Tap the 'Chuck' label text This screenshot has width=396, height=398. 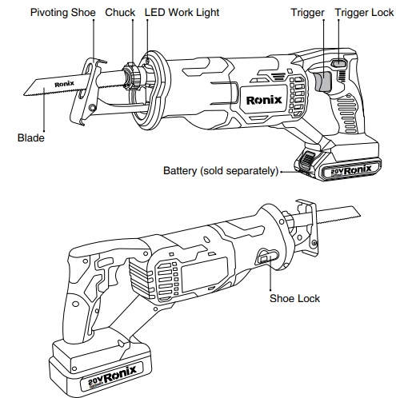(120, 14)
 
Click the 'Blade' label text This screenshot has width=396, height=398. (30, 138)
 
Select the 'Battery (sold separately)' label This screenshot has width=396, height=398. (221, 171)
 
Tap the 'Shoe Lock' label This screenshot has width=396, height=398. (294, 298)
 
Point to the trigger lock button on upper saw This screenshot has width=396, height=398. (339, 64)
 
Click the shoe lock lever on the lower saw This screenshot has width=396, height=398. (265, 257)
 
